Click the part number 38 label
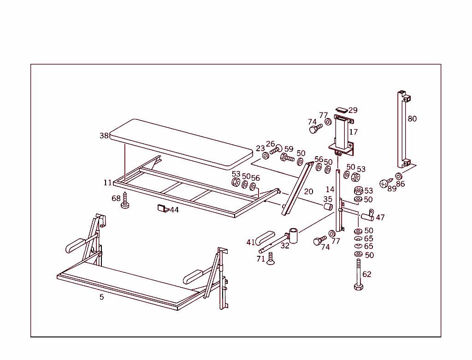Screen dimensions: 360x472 [104, 136]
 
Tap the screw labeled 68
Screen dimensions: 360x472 [124, 201]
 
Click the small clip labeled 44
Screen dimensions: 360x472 [161, 208]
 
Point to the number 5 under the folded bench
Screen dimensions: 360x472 [102, 297]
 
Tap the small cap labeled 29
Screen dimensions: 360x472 [342, 110]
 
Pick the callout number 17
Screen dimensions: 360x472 [354, 132]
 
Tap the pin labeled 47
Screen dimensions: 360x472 [367, 216]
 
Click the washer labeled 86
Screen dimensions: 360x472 [399, 176]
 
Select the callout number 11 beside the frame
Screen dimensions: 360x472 [107, 183]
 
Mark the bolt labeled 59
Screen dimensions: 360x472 [287, 158]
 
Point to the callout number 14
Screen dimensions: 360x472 [330, 189]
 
